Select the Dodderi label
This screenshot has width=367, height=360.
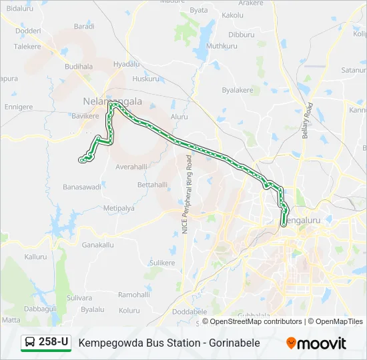[28, 31]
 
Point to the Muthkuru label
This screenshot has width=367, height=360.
[222, 46]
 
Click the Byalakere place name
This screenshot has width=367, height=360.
[237, 89]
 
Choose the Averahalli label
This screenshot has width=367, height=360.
[131, 167]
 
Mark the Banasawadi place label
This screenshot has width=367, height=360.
[81, 187]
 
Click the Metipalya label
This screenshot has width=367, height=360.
[119, 208]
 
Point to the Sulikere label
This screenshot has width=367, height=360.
[161, 263]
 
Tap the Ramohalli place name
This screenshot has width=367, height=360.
[134, 295]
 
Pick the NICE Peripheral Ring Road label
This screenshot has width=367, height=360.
[187, 194]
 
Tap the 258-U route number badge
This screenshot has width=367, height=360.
[53, 342]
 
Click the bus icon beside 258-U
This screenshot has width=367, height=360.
[31, 343]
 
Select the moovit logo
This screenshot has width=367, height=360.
[316, 343]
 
